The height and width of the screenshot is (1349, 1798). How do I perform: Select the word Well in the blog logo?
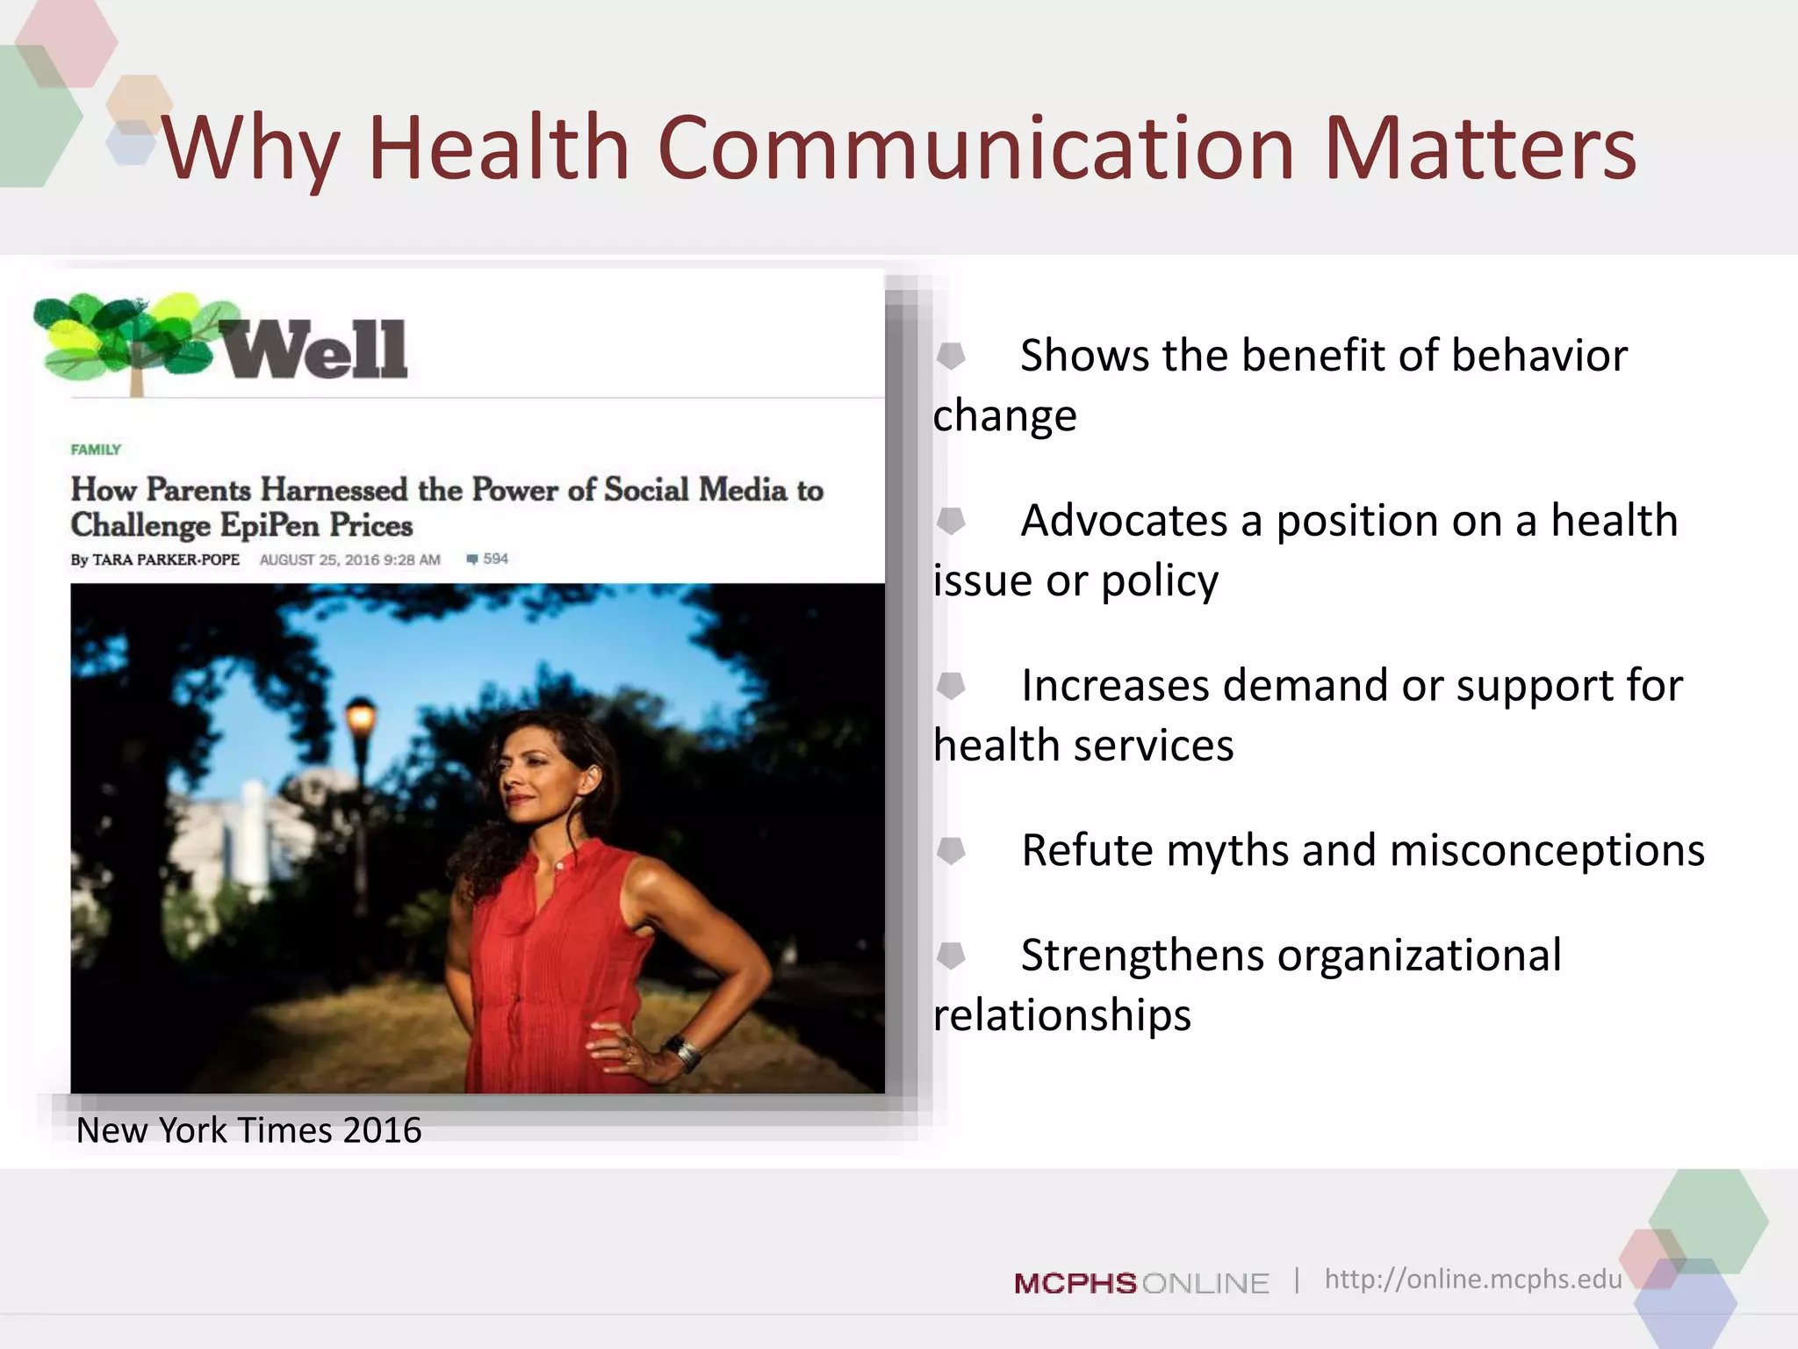(x=313, y=350)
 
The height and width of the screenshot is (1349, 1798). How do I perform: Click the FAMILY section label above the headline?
(x=96, y=450)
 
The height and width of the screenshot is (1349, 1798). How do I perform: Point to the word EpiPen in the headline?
(x=270, y=525)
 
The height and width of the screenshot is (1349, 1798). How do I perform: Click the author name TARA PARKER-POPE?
(x=166, y=559)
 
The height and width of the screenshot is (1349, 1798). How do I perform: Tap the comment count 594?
(x=495, y=559)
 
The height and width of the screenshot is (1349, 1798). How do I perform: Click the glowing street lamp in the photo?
(x=361, y=716)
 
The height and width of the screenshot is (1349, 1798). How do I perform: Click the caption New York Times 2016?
(x=248, y=1130)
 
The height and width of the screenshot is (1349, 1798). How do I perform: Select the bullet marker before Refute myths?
(x=951, y=850)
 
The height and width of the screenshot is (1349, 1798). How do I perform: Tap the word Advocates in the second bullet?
(x=1124, y=520)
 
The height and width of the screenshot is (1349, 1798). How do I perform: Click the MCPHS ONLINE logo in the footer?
(x=1141, y=1283)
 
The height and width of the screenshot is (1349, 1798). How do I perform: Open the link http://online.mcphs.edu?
(x=1472, y=1279)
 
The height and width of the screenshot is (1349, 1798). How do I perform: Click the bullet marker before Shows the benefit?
(x=951, y=356)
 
